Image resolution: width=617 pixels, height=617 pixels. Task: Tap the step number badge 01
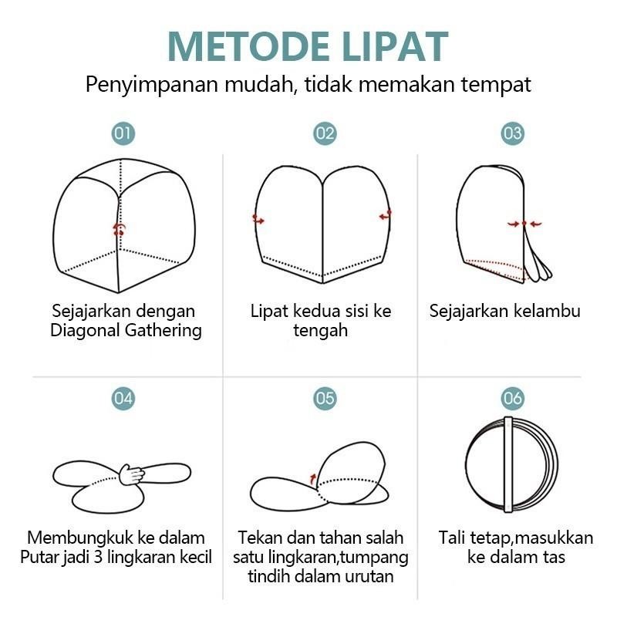pyautogui.click(x=123, y=133)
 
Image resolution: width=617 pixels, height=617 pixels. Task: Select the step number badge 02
pyautogui.click(x=325, y=133)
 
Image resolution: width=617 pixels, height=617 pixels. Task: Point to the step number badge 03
pyautogui.click(x=513, y=133)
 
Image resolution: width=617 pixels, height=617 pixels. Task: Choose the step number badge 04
pyautogui.click(x=123, y=398)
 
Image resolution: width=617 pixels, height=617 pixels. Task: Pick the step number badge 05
pyautogui.click(x=325, y=398)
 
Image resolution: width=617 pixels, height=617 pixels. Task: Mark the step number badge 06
pyautogui.click(x=513, y=398)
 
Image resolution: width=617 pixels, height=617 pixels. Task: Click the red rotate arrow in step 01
pyautogui.click(x=119, y=228)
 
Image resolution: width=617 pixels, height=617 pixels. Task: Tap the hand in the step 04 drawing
pyautogui.click(x=133, y=474)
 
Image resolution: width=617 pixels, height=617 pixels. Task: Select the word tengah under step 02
pyautogui.click(x=321, y=331)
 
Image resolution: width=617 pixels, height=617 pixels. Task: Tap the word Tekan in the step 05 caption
pyautogui.click(x=259, y=538)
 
